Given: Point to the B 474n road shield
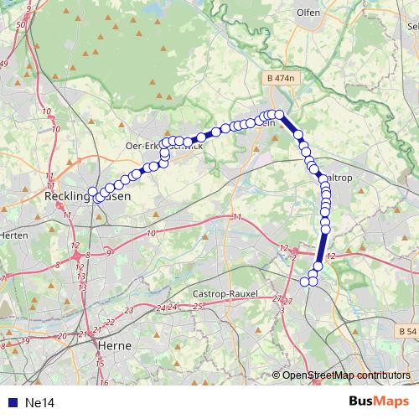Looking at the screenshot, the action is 280,78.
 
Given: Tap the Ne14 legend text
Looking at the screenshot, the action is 40,403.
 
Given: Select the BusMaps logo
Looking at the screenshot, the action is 378,401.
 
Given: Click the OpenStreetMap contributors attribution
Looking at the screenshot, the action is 345,375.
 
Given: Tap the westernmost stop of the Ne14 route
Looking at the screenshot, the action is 92,192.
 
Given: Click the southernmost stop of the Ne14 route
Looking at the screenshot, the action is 305,282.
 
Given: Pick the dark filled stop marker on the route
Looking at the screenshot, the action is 201,137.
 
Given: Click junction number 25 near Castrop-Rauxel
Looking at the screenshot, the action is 199,306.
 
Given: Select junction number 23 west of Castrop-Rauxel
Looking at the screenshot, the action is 131,311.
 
